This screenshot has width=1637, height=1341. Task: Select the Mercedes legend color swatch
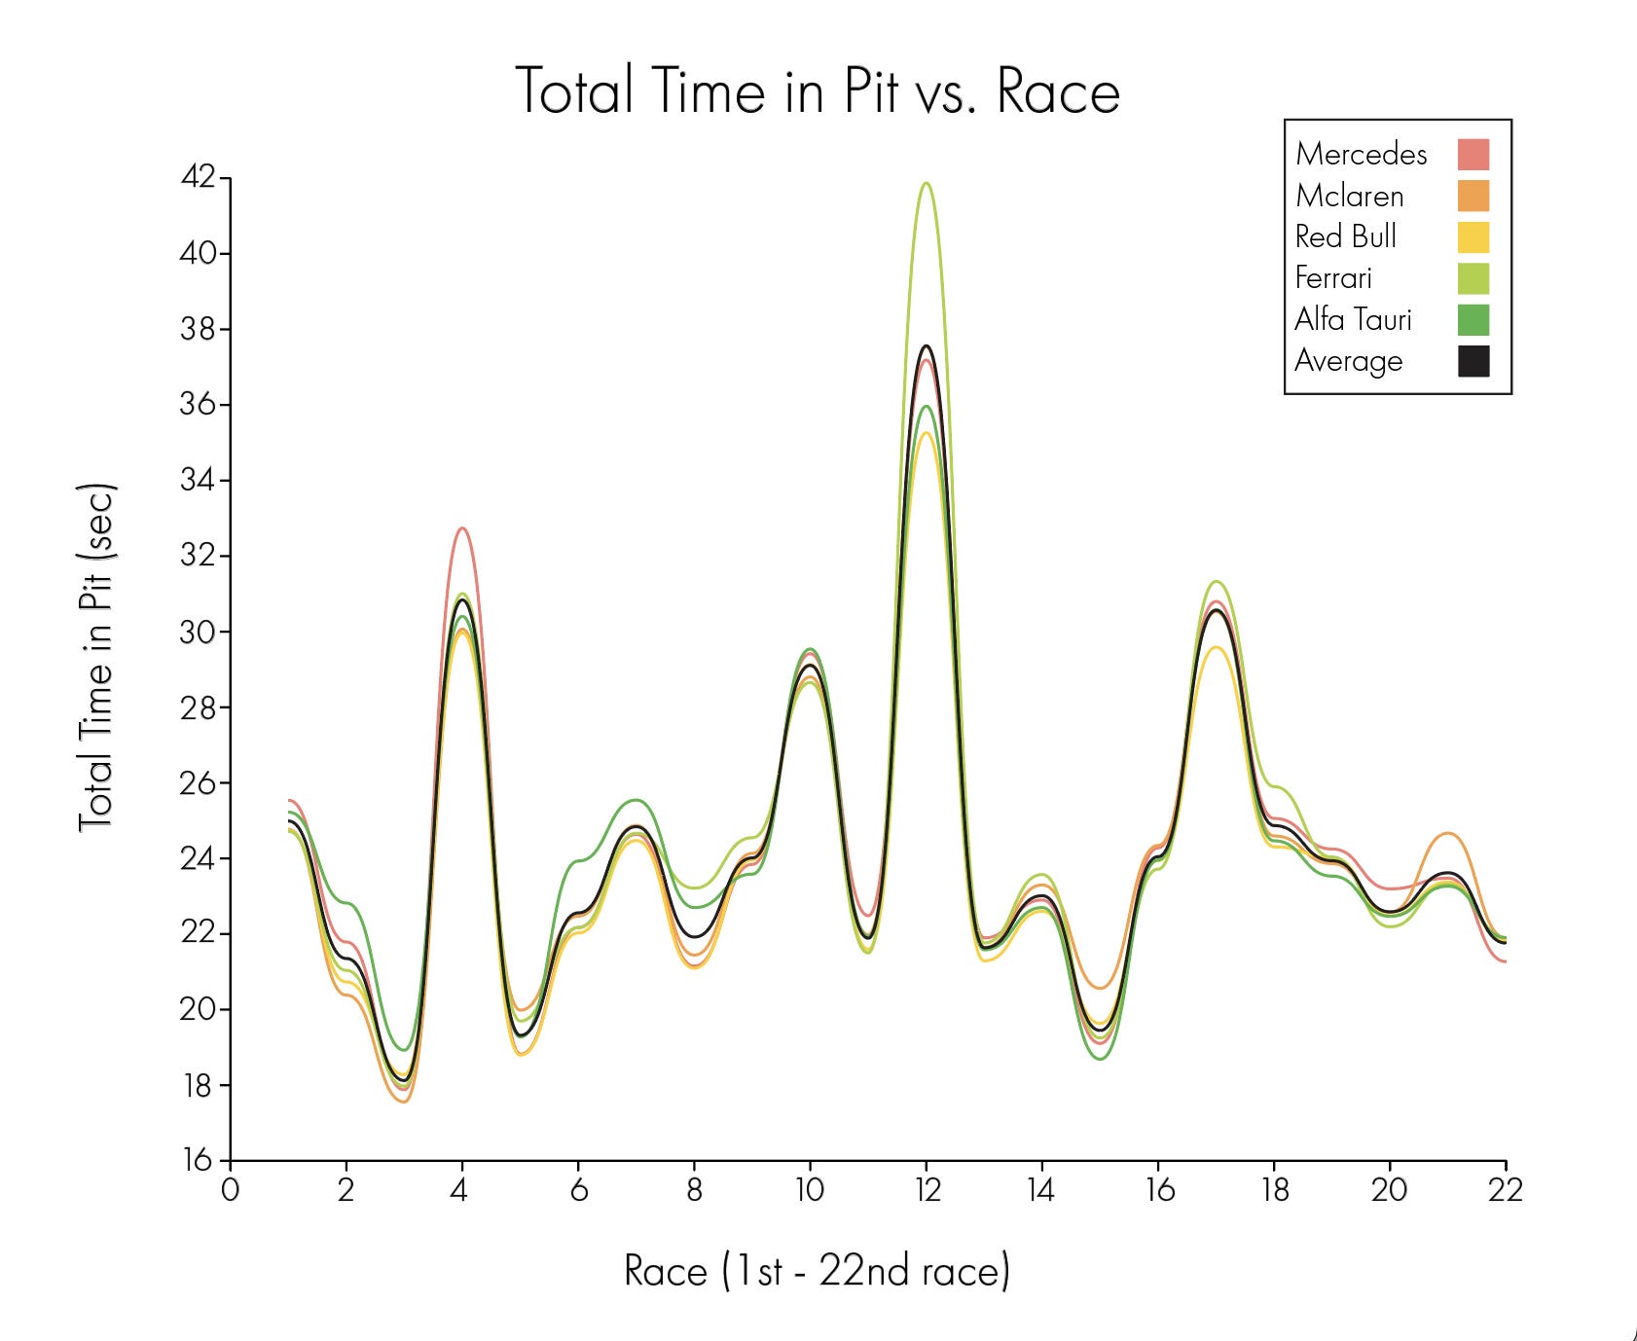point(1473,155)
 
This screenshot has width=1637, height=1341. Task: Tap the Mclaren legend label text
point(1349,196)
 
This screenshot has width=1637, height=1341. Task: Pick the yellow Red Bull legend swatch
point(1473,237)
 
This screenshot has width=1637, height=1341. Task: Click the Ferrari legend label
point(1332,278)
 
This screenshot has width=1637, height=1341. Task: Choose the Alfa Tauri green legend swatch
point(1473,320)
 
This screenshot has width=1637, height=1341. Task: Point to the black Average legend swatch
point(1473,361)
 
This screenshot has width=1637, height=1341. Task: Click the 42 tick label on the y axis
point(198,177)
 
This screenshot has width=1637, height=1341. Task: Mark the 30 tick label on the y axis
point(198,632)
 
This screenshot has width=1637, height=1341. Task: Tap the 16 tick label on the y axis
point(198,1159)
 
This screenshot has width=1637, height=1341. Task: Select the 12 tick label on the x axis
point(927,1189)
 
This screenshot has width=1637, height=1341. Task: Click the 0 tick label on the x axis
point(230,1189)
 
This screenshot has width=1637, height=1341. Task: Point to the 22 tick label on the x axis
point(1505,1189)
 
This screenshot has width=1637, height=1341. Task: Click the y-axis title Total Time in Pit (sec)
point(96,657)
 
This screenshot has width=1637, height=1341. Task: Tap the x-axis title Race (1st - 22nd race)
point(818,1271)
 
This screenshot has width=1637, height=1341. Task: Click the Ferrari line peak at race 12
point(927,183)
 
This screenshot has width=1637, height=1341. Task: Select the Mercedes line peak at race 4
point(462,528)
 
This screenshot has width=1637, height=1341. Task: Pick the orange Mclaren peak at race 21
point(1448,834)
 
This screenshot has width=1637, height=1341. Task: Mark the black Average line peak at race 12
point(927,345)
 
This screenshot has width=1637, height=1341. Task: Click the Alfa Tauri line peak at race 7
point(637,800)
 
